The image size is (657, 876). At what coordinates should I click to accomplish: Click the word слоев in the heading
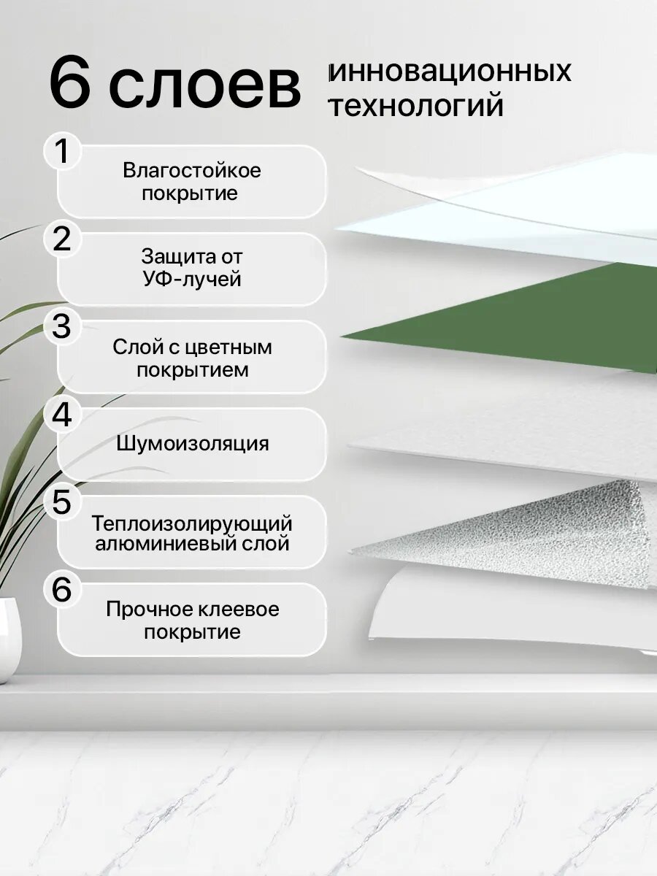coord(205,86)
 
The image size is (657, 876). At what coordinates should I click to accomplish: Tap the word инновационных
coord(450,72)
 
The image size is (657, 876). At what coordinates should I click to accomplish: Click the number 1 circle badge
coord(63,151)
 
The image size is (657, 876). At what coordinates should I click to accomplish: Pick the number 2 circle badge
coord(63,239)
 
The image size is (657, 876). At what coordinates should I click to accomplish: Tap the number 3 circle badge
coord(63,327)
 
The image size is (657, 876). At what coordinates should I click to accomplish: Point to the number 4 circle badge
coord(63,415)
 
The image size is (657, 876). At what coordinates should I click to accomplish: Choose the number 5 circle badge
coord(63,502)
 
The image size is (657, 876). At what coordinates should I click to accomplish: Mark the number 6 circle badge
coord(63,590)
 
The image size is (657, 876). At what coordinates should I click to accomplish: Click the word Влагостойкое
coord(191,171)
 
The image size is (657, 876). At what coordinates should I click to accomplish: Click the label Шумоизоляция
coord(191,444)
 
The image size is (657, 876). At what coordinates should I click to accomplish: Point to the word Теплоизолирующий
coord(191,523)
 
